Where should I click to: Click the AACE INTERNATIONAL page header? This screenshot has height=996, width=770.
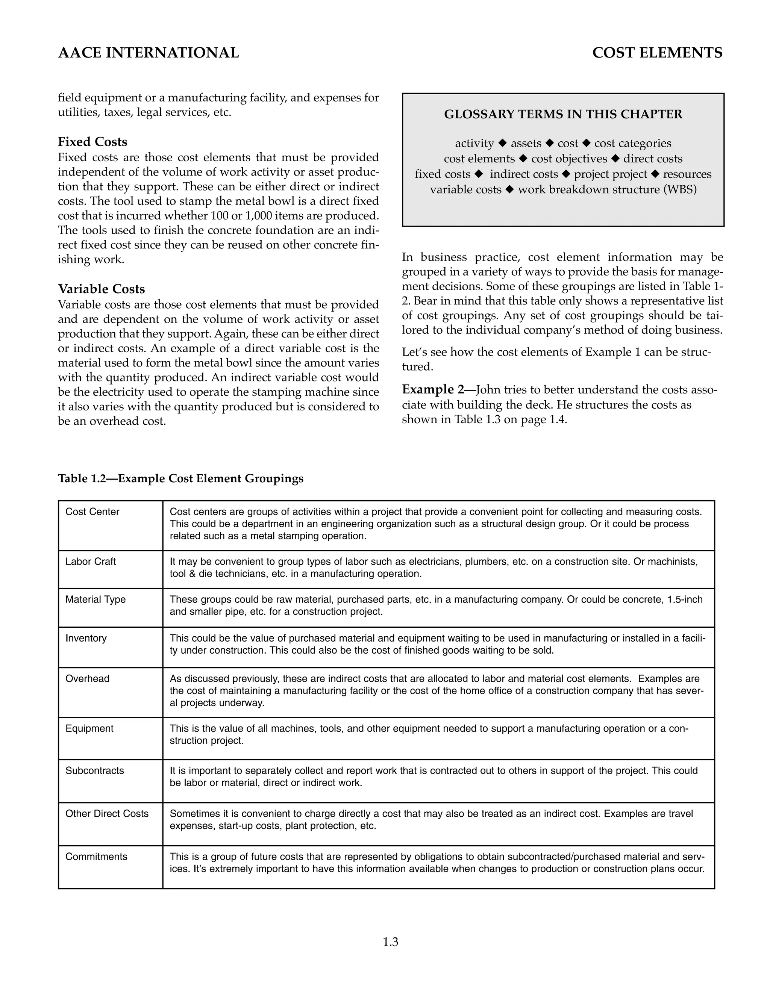coord(148,53)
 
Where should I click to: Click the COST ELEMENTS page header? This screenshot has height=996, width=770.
coord(657,53)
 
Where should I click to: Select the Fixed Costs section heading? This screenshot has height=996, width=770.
coord(92,142)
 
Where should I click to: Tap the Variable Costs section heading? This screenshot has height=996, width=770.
coord(101,289)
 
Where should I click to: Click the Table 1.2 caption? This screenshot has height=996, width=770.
coord(180,478)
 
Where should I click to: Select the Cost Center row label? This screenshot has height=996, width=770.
coord(92,512)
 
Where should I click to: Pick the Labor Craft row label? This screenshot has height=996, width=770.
coord(90,562)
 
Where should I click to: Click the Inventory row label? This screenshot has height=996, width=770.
coord(86,638)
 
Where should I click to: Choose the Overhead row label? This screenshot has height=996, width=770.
coord(87,678)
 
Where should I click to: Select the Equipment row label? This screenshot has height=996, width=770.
coord(89,728)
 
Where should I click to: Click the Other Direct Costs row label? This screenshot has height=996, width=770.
coord(107,814)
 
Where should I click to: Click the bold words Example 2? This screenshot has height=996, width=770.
coord(432,389)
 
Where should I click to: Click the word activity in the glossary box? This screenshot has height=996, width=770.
coord(474,143)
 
